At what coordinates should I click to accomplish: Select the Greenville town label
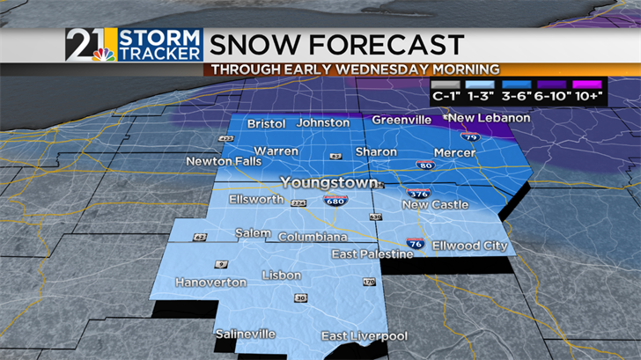[402, 120]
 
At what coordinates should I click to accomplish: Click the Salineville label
[246, 334]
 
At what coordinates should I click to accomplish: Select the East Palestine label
[372, 254]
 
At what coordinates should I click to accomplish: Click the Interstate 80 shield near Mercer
[425, 164]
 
